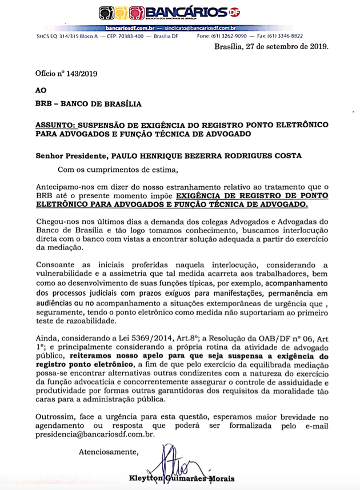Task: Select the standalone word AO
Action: [41, 90]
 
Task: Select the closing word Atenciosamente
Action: [109, 452]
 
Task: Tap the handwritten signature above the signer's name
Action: [174, 463]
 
